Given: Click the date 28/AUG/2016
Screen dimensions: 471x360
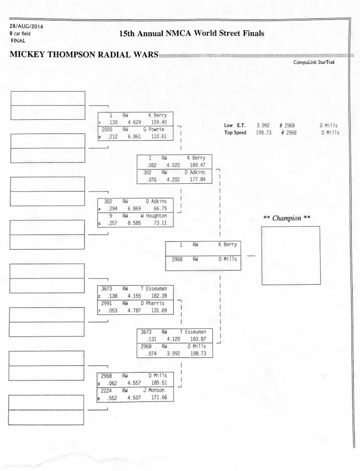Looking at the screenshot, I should pyautogui.click(x=26, y=26).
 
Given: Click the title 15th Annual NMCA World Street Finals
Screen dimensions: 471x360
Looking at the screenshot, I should pyautogui.click(x=192, y=33).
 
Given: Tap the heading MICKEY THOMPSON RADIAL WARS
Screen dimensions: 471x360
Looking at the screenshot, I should pyautogui.click(x=84, y=55).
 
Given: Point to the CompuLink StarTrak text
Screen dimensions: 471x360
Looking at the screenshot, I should pyautogui.click(x=314, y=62).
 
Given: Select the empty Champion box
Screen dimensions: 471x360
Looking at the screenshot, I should pyautogui.click(x=291, y=255).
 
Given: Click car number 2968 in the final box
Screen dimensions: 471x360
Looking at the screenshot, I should pyautogui.click(x=177, y=259).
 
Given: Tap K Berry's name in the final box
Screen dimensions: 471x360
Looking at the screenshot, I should pyautogui.click(x=228, y=244).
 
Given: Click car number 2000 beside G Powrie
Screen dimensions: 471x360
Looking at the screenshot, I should pyautogui.click(x=107, y=129).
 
